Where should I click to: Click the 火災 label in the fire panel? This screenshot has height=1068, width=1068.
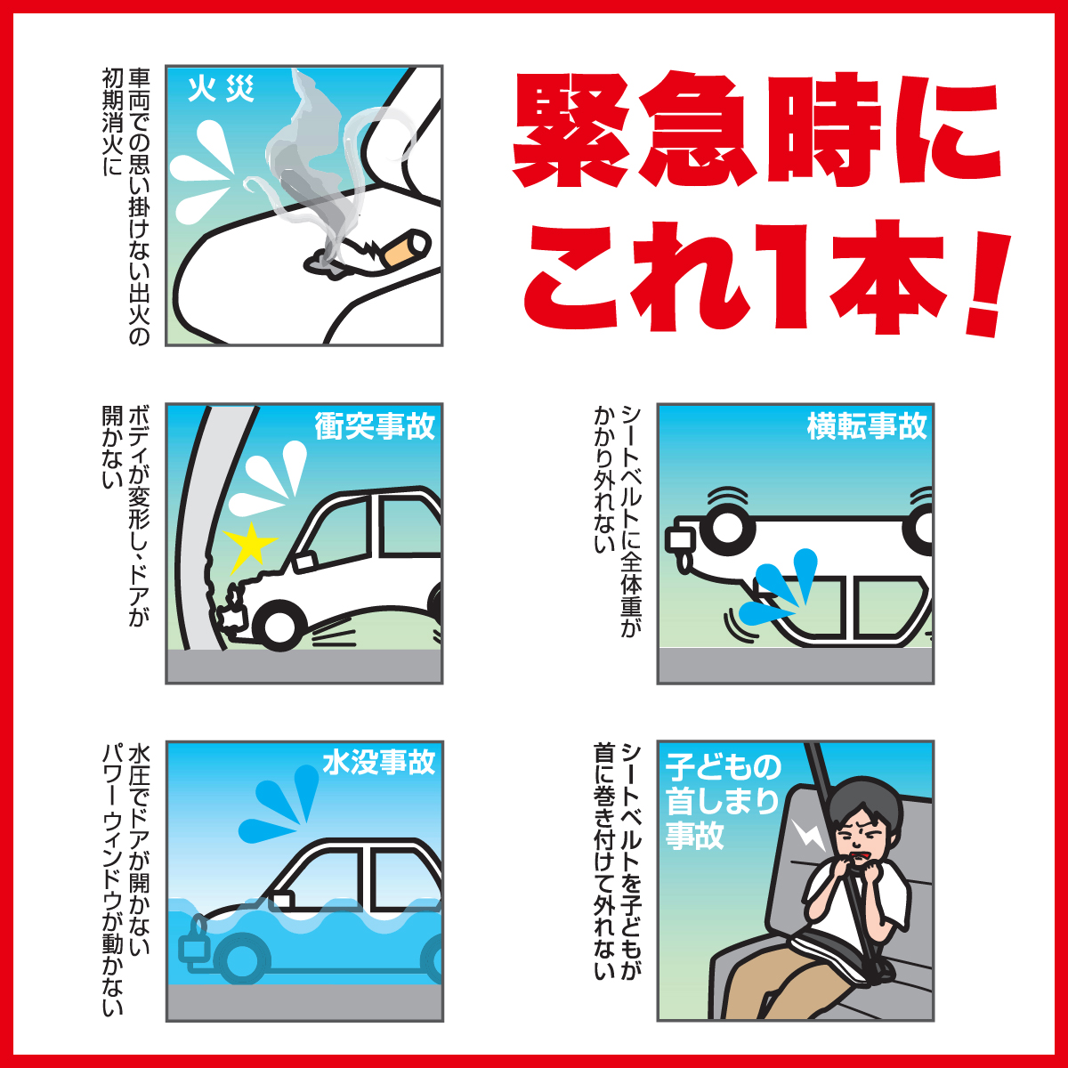(221, 90)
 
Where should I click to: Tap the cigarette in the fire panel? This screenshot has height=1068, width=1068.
(402, 248)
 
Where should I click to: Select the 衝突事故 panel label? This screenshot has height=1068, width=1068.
(375, 426)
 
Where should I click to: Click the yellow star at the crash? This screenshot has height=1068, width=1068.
(250, 546)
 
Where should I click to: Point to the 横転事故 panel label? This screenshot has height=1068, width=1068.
(866, 426)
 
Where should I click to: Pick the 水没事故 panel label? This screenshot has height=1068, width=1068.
(378, 763)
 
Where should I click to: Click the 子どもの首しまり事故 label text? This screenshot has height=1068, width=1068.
(722, 801)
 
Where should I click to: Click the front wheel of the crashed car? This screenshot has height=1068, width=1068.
(279, 626)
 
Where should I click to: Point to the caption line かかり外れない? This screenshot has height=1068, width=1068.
(606, 480)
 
